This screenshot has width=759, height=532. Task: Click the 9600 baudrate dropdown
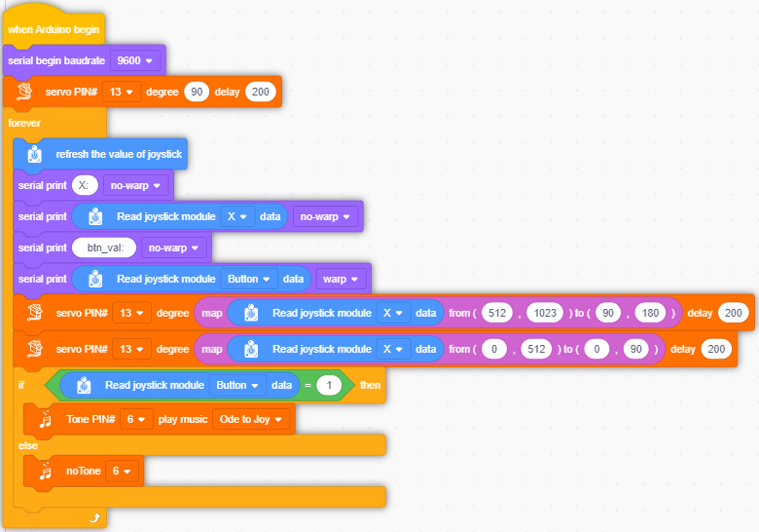[135, 60]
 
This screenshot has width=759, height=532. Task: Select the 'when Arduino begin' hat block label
[54, 29]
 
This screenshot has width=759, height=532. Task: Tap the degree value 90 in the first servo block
[197, 92]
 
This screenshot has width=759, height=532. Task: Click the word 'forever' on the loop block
[24, 123]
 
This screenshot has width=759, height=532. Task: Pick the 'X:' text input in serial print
[86, 185]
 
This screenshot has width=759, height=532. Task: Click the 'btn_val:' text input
[104, 247]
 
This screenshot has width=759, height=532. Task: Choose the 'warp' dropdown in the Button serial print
[341, 279]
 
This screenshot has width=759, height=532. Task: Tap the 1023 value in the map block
[545, 313]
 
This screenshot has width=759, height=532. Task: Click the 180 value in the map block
[650, 313]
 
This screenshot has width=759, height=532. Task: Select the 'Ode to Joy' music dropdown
[251, 419]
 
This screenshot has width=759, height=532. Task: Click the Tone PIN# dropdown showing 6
[136, 419]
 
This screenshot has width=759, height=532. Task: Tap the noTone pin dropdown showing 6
[122, 471]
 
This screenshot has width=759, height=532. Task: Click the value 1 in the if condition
[329, 385]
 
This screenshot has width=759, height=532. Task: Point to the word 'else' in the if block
[28, 445]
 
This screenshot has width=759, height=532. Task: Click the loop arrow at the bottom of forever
[95, 518]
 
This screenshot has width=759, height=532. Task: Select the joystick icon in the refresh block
[35, 154]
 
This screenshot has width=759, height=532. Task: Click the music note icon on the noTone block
[46, 471]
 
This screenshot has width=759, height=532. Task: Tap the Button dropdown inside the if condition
[237, 385]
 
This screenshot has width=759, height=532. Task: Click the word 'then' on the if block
[371, 385]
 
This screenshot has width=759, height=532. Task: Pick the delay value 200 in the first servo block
[261, 92]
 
